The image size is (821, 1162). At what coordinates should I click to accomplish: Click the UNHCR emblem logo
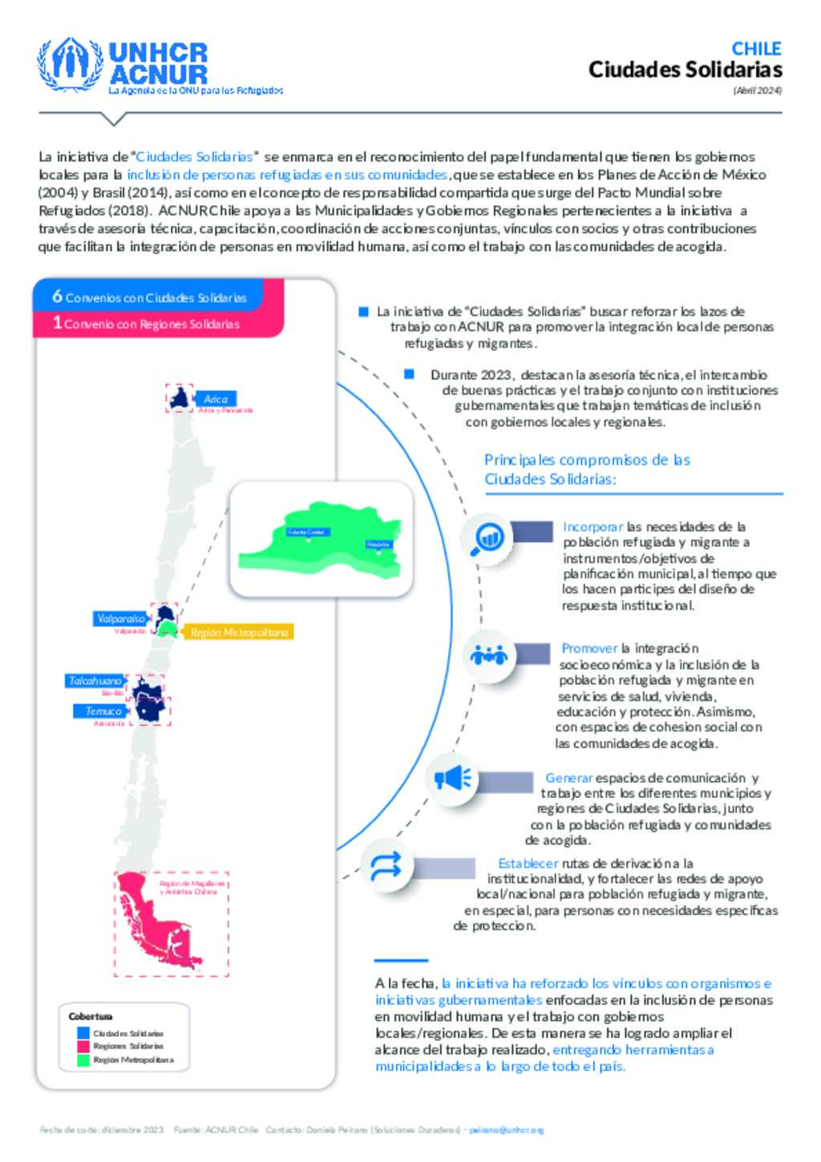pyautogui.click(x=71, y=63)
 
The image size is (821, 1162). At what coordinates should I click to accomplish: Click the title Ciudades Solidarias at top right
pyautogui.click(x=685, y=70)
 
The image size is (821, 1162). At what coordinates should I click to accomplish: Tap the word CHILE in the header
pyautogui.click(x=756, y=48)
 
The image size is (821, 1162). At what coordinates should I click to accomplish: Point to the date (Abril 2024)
pyautogui.click(x=757, y=91)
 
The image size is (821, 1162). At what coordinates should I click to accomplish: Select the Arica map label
pyautogui.click(x=216, y=399)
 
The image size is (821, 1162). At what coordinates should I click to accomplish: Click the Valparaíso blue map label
pyautogui.click(x=121, y=618)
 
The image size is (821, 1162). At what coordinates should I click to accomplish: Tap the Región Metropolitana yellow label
pyautogui.click(x=239, y=633)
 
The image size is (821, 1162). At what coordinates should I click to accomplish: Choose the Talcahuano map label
pyautogui.click(x=95, y=681)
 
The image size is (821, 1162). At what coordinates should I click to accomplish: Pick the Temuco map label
pyautogui.click(x=103, y=711)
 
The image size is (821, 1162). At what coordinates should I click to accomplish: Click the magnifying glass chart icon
pyautogui.click(x=487, y=536)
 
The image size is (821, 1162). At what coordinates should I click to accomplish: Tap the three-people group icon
pyautogui.click(x=489, y=655)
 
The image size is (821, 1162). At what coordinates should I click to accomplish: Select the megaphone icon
pyautogui.click(x=451, y=778)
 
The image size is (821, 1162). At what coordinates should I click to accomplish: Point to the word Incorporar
pyautogui.click(x=592, y=527)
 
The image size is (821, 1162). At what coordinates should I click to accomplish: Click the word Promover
pyautogui.click(x=589, y=648)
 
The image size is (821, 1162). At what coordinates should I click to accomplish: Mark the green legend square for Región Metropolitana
pyautogui.click(x=83, y=1060)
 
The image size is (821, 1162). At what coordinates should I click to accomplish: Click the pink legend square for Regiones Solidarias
pyautogui.click(x=83, y=1047)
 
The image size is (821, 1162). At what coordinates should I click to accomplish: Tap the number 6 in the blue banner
pyautogui.click(x=57, y=296)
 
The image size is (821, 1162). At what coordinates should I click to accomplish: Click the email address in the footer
pyautogui.click(x=506, y=1130)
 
